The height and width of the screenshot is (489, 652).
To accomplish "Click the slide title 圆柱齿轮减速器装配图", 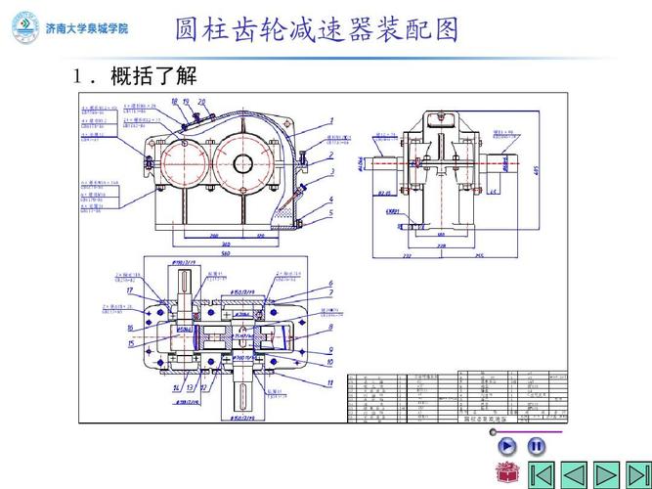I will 318,29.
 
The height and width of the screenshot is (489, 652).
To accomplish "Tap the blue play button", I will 507,446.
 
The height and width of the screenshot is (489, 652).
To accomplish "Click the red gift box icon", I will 506,472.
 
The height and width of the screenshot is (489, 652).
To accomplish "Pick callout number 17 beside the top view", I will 130,290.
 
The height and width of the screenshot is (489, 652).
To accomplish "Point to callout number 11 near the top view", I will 330,382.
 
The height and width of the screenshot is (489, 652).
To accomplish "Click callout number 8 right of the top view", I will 330,327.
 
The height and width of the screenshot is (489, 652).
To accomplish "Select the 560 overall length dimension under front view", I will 226,251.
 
